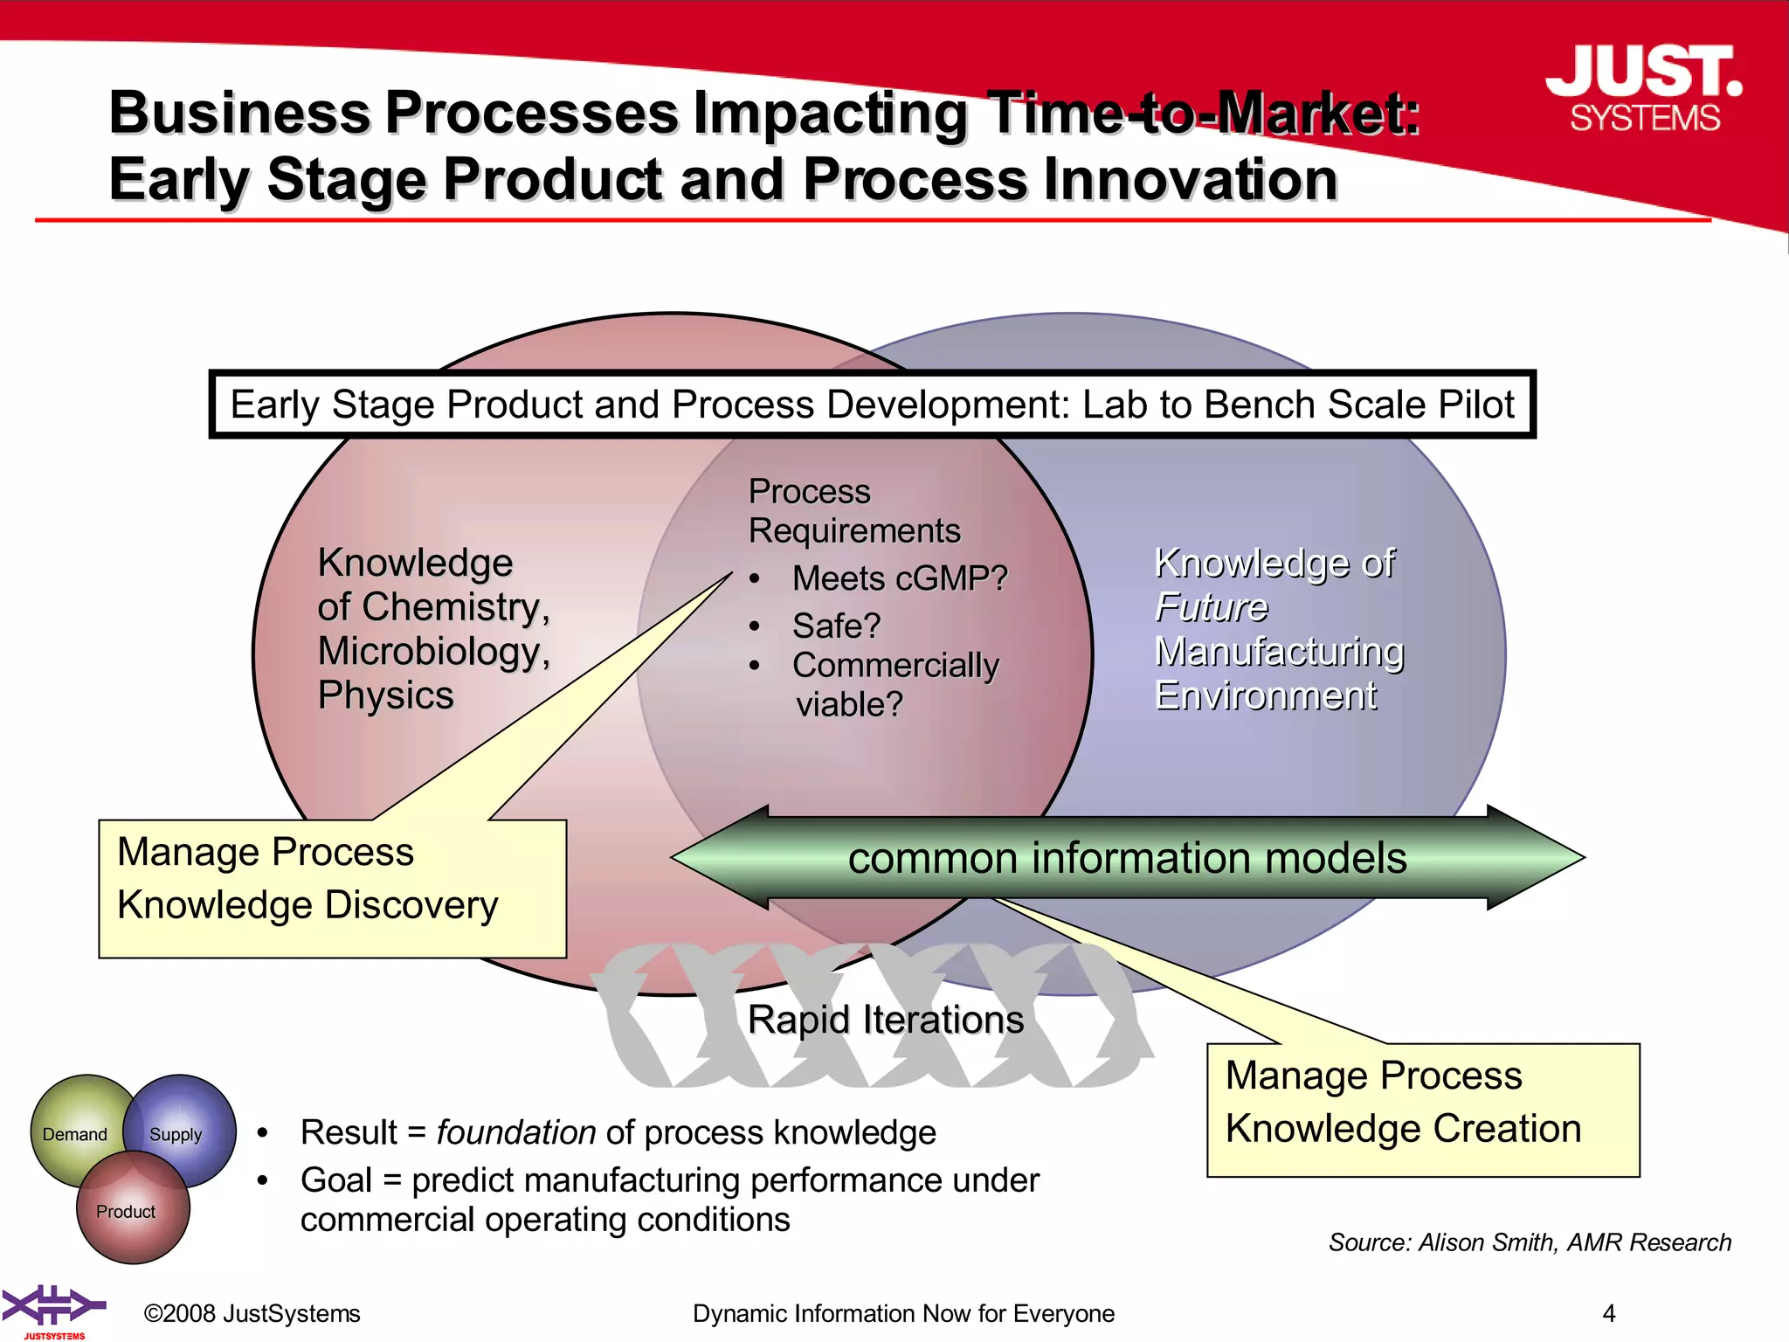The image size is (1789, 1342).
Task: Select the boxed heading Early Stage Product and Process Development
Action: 872,405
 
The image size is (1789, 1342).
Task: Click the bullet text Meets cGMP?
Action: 899,578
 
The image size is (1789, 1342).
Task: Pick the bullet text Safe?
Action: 836,626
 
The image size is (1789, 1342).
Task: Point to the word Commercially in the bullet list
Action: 895,665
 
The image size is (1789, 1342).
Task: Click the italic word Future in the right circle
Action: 1211,607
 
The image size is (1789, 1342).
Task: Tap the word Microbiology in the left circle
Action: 433,652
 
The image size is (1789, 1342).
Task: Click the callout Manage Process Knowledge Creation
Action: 1422,1109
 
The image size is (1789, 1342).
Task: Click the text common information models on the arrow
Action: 1127,858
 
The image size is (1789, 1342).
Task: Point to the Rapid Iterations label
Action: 885,1020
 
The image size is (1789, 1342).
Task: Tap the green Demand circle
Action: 73,1134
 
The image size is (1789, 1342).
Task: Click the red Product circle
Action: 127,1212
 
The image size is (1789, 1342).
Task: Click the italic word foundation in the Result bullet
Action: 515,1132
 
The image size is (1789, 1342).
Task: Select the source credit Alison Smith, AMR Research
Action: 1530,1242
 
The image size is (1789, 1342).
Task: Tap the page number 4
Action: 1609,1313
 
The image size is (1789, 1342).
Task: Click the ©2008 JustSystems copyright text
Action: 252,1313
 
